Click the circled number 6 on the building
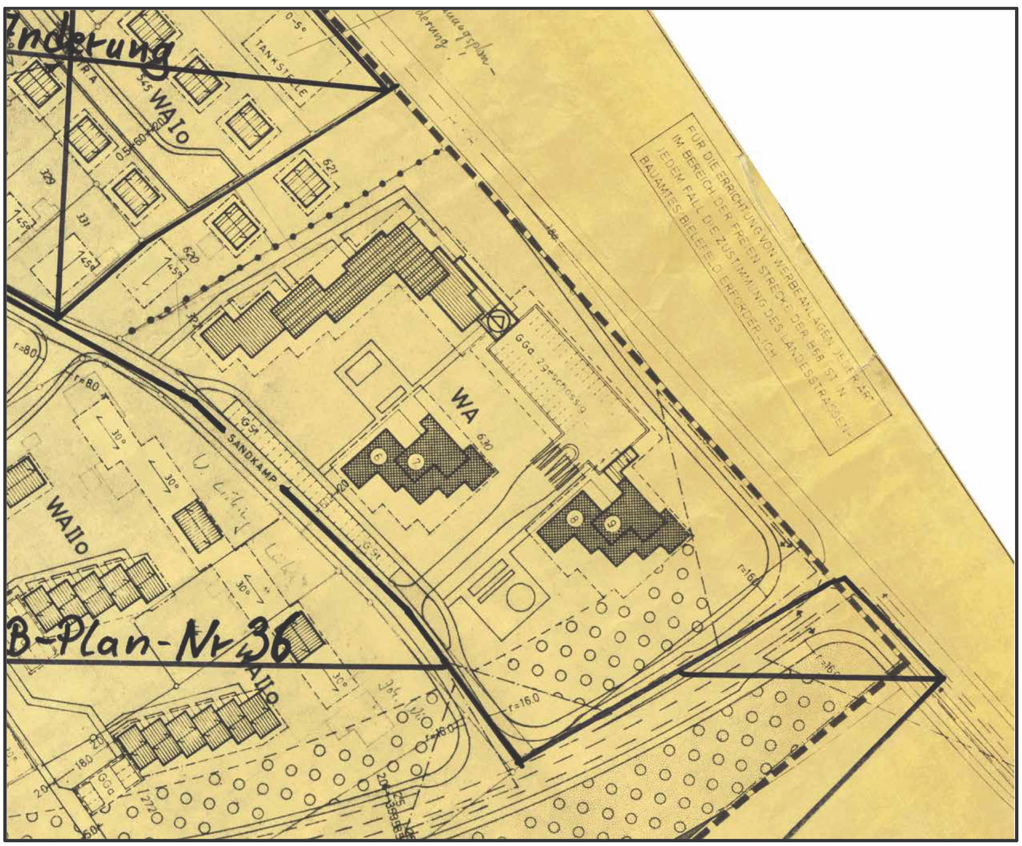pyautogui.click(x=377, y=457)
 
